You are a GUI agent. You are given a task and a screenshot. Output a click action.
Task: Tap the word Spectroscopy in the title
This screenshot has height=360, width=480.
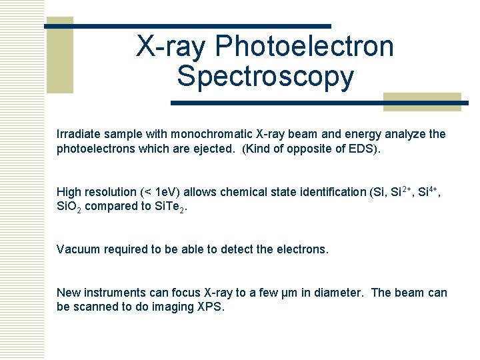click(265, 77)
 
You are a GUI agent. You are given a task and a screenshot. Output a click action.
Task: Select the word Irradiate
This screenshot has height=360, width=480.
click(79, 134)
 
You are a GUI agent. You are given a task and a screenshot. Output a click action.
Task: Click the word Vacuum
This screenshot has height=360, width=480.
click(78, 249)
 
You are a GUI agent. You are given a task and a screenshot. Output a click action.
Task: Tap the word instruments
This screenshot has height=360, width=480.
click(112, 293)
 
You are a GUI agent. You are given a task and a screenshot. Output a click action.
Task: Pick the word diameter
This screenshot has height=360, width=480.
click(337, 293)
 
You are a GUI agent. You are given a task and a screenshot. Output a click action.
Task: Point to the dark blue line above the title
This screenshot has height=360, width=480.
click(188, 26)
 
